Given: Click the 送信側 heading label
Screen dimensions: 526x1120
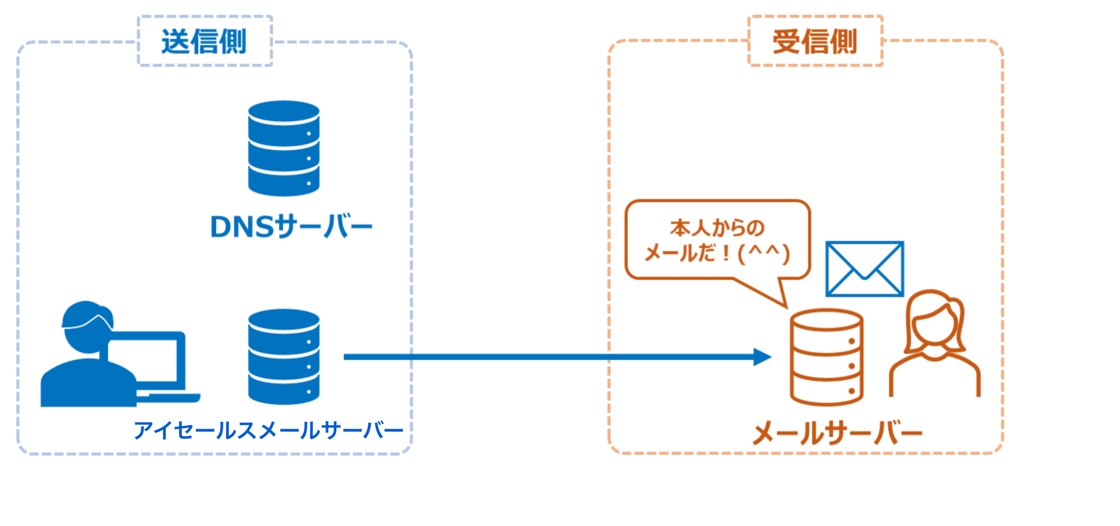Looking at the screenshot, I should click(204, 42).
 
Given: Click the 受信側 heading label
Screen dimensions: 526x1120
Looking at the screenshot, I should click(815, 42).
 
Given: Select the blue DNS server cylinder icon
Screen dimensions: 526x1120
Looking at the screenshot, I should click(283, 148).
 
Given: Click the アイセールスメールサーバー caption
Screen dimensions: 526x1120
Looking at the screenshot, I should click(268, 430).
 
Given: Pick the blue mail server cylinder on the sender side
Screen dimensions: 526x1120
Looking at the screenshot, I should click(283, 357).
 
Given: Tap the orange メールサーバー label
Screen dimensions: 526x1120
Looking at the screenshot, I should click(837, 433).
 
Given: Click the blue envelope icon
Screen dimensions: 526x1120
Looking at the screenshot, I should click(864, 269).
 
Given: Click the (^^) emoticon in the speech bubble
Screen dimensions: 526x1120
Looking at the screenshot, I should click(764, 254).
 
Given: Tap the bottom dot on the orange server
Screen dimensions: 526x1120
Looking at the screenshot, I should click(852, 391).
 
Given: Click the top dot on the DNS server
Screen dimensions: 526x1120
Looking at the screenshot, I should click(309, 133).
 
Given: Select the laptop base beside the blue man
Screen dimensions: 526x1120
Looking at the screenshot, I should click(170, 397).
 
